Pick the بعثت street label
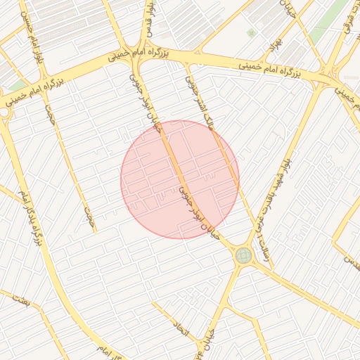click(21, 300)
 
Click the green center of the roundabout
click(244, 255)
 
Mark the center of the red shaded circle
click(180, 179)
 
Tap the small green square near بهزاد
click(251, 33)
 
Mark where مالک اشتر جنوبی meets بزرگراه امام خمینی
click(187, 63)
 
